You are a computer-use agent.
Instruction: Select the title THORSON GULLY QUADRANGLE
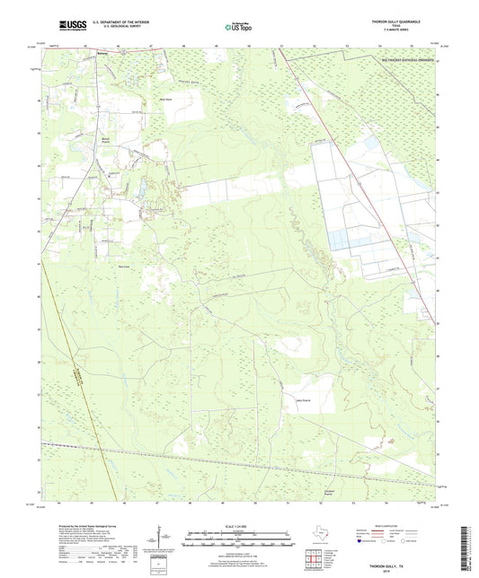pyautogui.click(x=396, y=20)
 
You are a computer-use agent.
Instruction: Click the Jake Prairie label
pyautogui.click(x=302, y=400)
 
